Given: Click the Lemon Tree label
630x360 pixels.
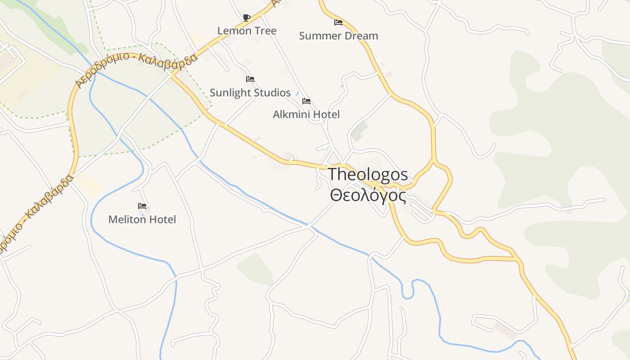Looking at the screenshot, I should coord(247,31).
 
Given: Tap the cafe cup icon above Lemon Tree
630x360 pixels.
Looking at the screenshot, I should coord(246,18).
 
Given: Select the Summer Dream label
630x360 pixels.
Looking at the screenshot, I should coord(338,36).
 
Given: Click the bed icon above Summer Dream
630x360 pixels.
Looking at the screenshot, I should coord(338,22).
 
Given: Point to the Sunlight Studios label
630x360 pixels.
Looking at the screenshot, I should coord(250,93).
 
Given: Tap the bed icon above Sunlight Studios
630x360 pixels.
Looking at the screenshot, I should coord(250,79).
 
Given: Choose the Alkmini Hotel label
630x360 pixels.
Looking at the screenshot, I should coord(306,114).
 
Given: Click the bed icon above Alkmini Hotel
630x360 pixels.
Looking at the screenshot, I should coord(306,101).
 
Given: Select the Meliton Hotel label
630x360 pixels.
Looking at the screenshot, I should coord(142,220).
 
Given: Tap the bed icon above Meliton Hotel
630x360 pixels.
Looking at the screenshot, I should coord(142,206).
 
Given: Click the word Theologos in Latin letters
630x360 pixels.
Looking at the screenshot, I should coord(368,174).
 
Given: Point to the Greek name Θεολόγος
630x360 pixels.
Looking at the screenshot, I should coord(368,196).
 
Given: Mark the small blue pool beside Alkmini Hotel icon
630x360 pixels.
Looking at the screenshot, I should coord(297,94).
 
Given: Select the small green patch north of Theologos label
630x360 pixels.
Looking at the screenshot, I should coord(359,131).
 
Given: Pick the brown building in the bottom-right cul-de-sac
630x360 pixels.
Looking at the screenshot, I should coord(505,330).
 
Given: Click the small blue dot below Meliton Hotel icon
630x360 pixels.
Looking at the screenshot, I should coord(143,215).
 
